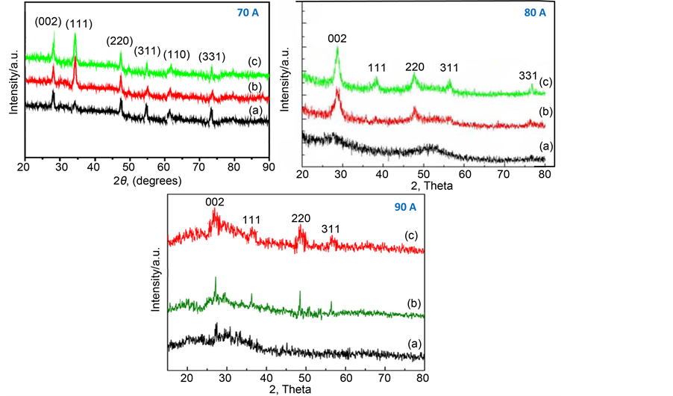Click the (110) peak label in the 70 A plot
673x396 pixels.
177,54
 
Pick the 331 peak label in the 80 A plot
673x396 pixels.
529,76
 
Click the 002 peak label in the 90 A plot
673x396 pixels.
214,202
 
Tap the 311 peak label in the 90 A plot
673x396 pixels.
331,229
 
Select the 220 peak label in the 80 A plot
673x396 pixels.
415,67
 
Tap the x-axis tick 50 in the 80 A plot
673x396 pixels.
422,174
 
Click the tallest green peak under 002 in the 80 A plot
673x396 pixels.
338,49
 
